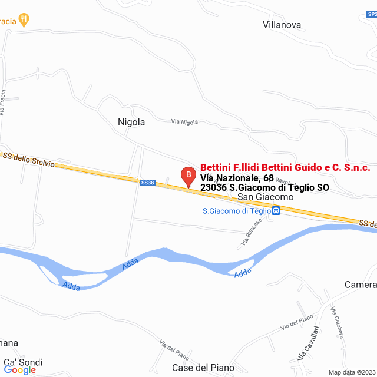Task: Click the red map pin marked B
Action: click(187, 175)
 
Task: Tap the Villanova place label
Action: click(282, 25)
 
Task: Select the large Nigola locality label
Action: click(131, 123)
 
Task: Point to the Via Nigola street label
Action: click(184, 122)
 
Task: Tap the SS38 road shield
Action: click(147, 183)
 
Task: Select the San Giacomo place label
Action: click(265, 197)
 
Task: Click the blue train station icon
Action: click(276, 210)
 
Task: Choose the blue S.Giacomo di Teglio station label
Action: click(236, 210)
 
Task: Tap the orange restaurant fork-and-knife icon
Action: click(24, 20)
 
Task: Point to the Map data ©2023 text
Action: click(352, 372)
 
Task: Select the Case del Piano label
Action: click(203, 368)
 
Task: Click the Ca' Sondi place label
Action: click(23, 362)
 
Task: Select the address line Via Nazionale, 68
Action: click(237, 178)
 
